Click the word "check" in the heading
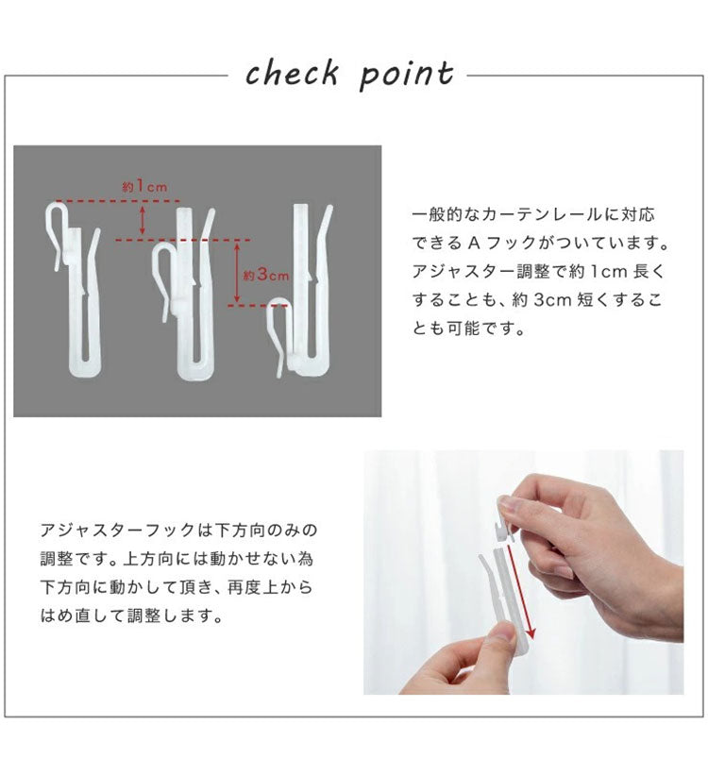pos(293,73)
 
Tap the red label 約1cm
pos(143,187)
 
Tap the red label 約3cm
pos(265,276)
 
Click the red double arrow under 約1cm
pos(143,221)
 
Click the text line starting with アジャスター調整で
pos(539,272)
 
